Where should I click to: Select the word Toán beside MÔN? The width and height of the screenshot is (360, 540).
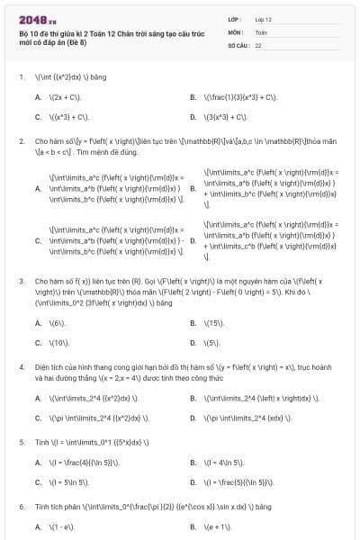[261, 31]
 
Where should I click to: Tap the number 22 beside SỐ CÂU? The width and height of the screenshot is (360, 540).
[258, 44]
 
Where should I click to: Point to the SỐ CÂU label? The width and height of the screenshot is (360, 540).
[237, 44]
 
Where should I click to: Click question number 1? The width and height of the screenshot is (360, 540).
[21, 76]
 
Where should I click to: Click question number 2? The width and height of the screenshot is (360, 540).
[21, 141]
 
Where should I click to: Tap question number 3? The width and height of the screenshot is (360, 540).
[21, 281]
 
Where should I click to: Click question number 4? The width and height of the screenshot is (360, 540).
[21, 367]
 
